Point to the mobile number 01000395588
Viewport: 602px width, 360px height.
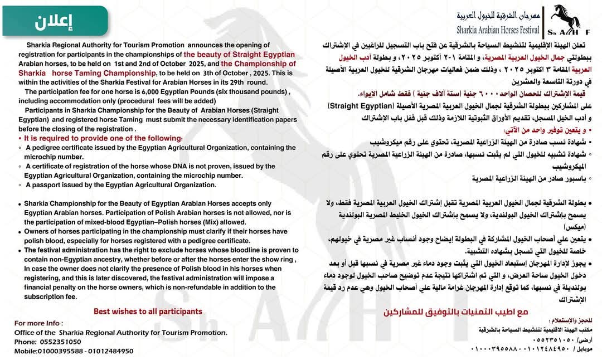(61, 351)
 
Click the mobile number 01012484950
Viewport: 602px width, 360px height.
(111, 351)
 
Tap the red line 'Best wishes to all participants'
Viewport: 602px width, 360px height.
(148, 312)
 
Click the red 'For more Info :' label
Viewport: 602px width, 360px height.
(39, 323)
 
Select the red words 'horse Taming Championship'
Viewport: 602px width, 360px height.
(89, 72)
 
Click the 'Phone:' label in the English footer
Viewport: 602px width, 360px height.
(26, 342)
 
